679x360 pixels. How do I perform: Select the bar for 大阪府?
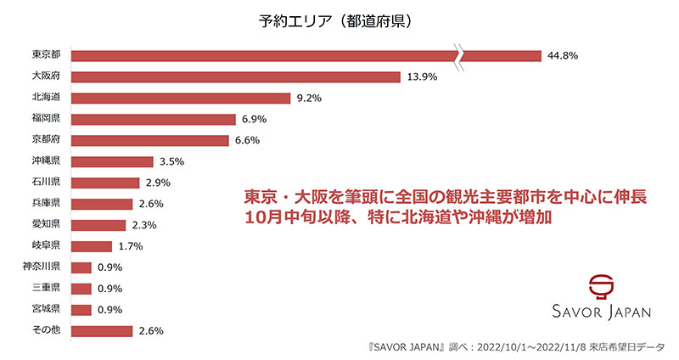pyautogui.click(x=236, y=77)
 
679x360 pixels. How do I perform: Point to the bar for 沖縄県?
pyautogui.click(x=113, y=161)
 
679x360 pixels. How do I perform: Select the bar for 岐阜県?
pyautogui.click(x=92, y=246)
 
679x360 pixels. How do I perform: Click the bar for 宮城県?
pyautogui.click(x=81, y=310)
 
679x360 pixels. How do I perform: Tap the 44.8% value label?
pyautogui.click(x=564, y=56)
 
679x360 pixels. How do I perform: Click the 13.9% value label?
pyautogui.click(x=423, y=77)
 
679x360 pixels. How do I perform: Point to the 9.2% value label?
pyautogui.click(x=310, y=98)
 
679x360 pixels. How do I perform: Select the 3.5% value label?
pyautogui.click(x=172, y=161)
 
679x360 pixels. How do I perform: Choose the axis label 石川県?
pyautogui.click(x=46, y=183)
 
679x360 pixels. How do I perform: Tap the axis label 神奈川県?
pyautogui.click(x=41, y=267)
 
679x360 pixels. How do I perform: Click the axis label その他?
pyautogui.click(x=46, y=331)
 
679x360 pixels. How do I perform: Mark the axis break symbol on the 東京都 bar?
pyautogui.click(x=459, y=56)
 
